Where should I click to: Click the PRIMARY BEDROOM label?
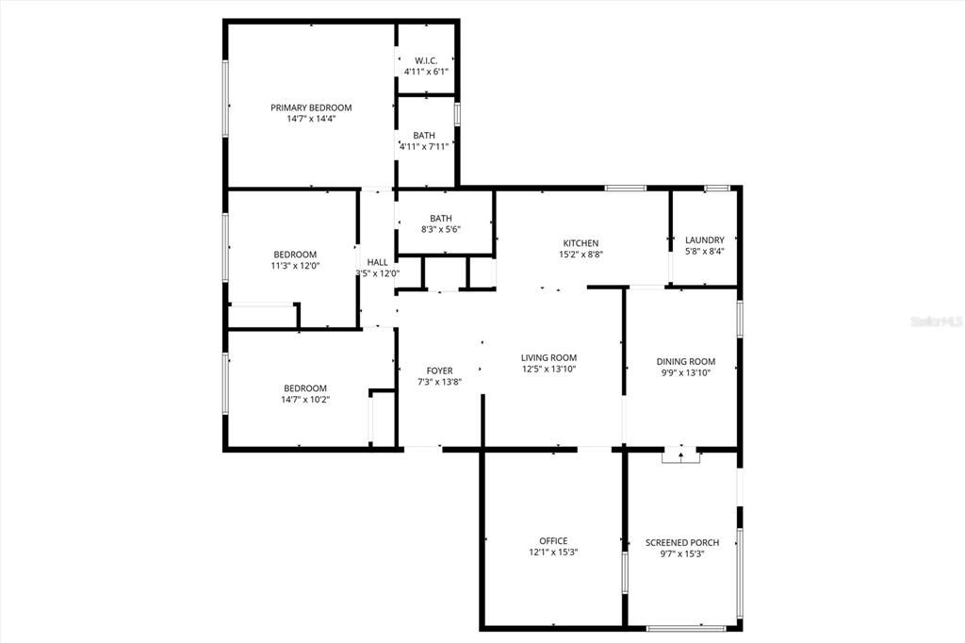(x=311, y=107)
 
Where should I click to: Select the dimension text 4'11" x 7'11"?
(x=424, y=146)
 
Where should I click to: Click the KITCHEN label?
(x=581, y=243)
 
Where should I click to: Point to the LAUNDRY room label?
(x=704, y=240)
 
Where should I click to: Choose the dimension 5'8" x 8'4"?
(x=704, y=252)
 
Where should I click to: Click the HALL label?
(x=377, y=262)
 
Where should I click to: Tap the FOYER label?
(x=439, y=371)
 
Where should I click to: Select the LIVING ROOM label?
(x=548, y=357)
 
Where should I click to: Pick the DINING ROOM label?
(x=685, y=361)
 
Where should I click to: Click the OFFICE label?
(x=553, y=541)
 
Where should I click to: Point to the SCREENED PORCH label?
(x=682, y=542)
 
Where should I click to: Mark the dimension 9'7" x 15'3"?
(x=682, y=553)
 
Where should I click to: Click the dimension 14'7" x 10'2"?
(x=305, y=400)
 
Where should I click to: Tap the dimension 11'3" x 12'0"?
(x=295, y=266)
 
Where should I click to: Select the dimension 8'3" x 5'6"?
(x=441, y=229)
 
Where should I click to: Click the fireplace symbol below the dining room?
(x=681, y=456)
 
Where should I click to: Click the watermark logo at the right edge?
(x=935, y=321)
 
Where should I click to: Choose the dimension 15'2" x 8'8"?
(x=581, y=255)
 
